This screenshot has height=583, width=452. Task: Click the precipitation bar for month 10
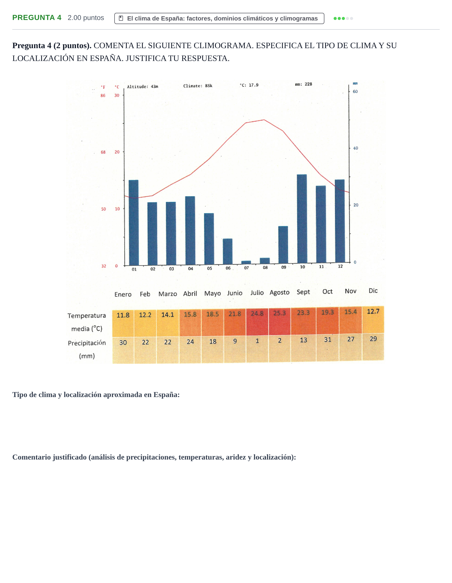pos(302,219)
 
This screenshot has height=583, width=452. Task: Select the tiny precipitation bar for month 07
pos(246,262)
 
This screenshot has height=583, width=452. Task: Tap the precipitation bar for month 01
pos(134,223)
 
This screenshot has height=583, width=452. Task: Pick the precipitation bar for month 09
pos(283,245)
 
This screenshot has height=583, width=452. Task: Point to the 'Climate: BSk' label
pos(198,86)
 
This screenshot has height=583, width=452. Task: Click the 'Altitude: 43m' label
pos(142,87)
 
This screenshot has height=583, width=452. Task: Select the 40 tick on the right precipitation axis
pos(356,148)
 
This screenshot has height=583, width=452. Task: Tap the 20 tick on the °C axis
pos(117,152)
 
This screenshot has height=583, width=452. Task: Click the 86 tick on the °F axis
pos(103,95)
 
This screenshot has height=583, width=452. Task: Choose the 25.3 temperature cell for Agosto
pos(280,321)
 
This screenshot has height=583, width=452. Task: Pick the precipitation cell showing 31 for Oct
pos(327,348)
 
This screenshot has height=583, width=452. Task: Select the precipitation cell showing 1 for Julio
pos(257,349)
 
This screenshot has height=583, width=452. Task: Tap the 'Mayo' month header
pos(212,293)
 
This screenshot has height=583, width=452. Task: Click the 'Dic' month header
pos(373,291)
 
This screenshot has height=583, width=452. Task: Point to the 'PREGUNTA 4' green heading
pos(37,18)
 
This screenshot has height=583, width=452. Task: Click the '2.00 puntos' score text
pos(86,18)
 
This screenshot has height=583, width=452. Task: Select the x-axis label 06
pos(228,268)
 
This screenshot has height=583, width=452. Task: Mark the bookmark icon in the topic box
pos(121,18)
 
